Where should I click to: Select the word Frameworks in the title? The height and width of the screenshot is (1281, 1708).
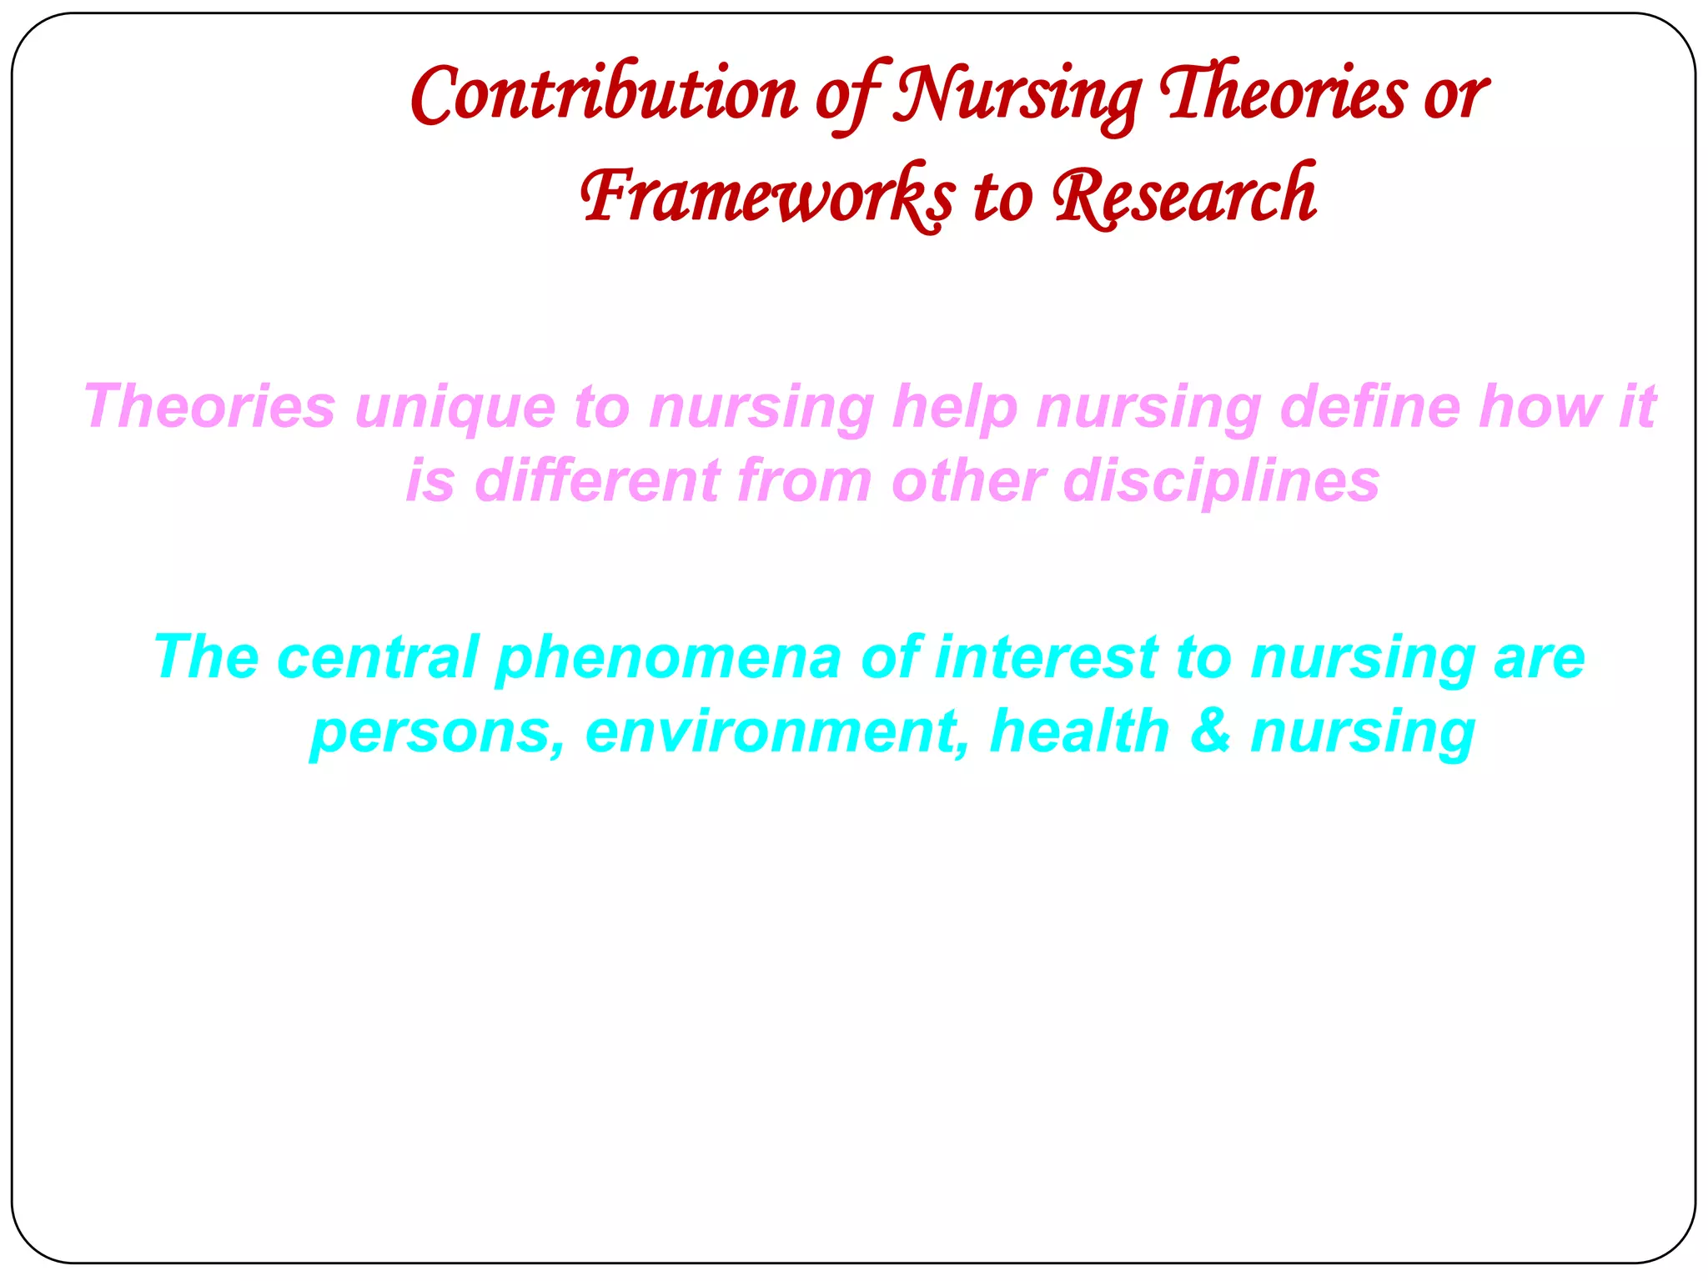tap(768, 197)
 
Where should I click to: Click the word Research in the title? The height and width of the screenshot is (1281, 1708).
tap(1184, 197)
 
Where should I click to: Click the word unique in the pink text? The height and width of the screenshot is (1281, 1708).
tap(455, 407)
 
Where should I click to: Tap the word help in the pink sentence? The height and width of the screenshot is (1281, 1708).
tap(955, 407)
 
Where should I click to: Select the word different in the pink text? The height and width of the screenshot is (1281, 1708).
tap(597, 482)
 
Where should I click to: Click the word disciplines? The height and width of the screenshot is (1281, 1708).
tap(1221, 482)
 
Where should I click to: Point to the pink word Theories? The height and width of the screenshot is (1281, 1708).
tap(209, 407)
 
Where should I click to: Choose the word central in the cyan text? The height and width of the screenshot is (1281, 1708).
tap(378, 657)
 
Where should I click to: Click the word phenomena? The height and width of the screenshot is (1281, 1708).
tap(668, 657)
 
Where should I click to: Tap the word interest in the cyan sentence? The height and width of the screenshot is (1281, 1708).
tap(1047, 657)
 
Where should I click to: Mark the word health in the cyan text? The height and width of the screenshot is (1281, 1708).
tap(1080, 731)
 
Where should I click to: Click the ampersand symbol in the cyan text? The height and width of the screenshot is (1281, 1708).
tap(1210, 731)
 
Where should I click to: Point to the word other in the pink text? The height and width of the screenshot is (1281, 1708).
tap(967, 482)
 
